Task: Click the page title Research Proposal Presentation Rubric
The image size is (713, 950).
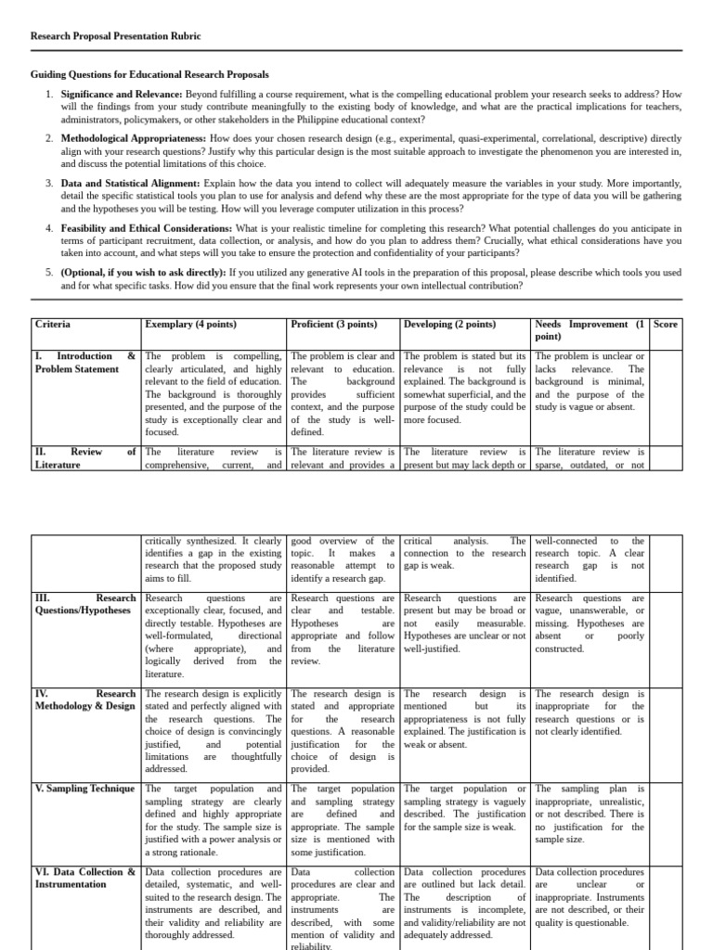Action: pos(115,36)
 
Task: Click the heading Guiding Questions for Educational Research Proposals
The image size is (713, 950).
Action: pos(149,74)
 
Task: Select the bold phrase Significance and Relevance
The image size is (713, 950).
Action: pos(121,95)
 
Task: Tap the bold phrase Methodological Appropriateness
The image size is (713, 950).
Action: pos(134,137)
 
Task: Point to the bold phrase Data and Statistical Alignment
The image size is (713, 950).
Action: pos(130,184)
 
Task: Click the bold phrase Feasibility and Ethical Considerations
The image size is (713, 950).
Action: pos(146,227)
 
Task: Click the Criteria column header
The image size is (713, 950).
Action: pos(52,325)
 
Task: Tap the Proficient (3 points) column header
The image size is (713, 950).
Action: pos(334,325)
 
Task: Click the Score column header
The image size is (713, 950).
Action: pos(666,325)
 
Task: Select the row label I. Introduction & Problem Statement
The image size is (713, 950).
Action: pos(84,363)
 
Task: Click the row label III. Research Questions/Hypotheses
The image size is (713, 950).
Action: pos(84,605)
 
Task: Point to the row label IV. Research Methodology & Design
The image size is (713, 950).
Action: pos(84,700)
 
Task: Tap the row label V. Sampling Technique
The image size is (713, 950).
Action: pos(84,789)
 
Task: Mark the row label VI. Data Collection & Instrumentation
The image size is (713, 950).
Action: pos(84,879)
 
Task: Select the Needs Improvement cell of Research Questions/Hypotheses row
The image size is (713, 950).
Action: pos(590,623)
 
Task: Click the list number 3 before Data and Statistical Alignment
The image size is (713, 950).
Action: pos(49,184)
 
